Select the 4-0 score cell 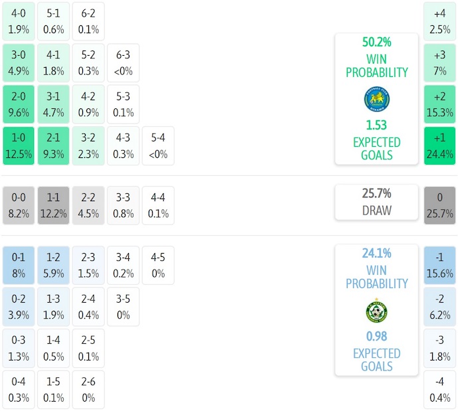19,22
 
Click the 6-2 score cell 88,22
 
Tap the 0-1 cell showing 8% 19,265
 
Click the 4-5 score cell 157,265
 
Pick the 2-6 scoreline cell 88,390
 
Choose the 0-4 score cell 19,390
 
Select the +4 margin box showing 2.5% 439,22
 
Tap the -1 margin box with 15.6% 439,265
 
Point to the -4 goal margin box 439,390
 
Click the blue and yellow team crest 376,99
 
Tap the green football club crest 376,311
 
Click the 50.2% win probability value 376,42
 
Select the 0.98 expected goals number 376,337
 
